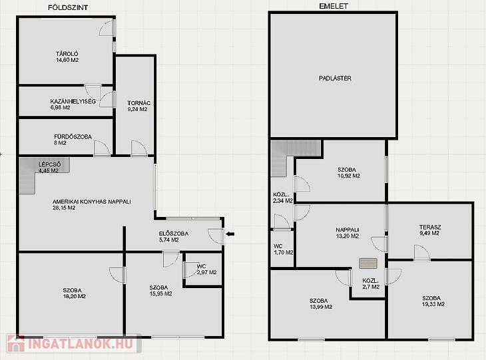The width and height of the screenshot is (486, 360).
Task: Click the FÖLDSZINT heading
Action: (x=68, y=8)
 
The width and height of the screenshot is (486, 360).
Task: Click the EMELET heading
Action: (x=334, y=6)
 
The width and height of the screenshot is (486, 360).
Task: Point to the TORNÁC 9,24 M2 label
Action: (x=139, y=106)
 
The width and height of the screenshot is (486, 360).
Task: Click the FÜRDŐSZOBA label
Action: (x=73, y=136)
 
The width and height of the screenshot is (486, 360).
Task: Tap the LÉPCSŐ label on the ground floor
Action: (x=49, y=164)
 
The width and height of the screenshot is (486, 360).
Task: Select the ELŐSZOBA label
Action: (x=174, y=234)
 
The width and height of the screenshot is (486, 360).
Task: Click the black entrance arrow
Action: (x=230, y=234)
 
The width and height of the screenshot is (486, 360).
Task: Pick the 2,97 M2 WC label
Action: (x=207, y=270)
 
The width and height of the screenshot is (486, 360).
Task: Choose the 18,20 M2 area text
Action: (x=75, y=296)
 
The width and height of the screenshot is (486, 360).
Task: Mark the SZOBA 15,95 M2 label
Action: (x=160, y=291)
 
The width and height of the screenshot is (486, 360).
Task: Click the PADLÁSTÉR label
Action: (x=335, y=79)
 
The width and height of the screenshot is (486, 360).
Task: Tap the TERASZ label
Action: (x=430, y=227)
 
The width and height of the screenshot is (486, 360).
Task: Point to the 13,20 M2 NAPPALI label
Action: (x=347, y=233)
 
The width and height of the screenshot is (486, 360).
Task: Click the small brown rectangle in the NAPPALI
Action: (x=368, y=264)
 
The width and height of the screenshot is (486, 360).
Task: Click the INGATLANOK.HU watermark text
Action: (x=81, y=344)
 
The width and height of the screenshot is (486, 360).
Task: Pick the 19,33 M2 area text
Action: (x=433, y=304)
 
